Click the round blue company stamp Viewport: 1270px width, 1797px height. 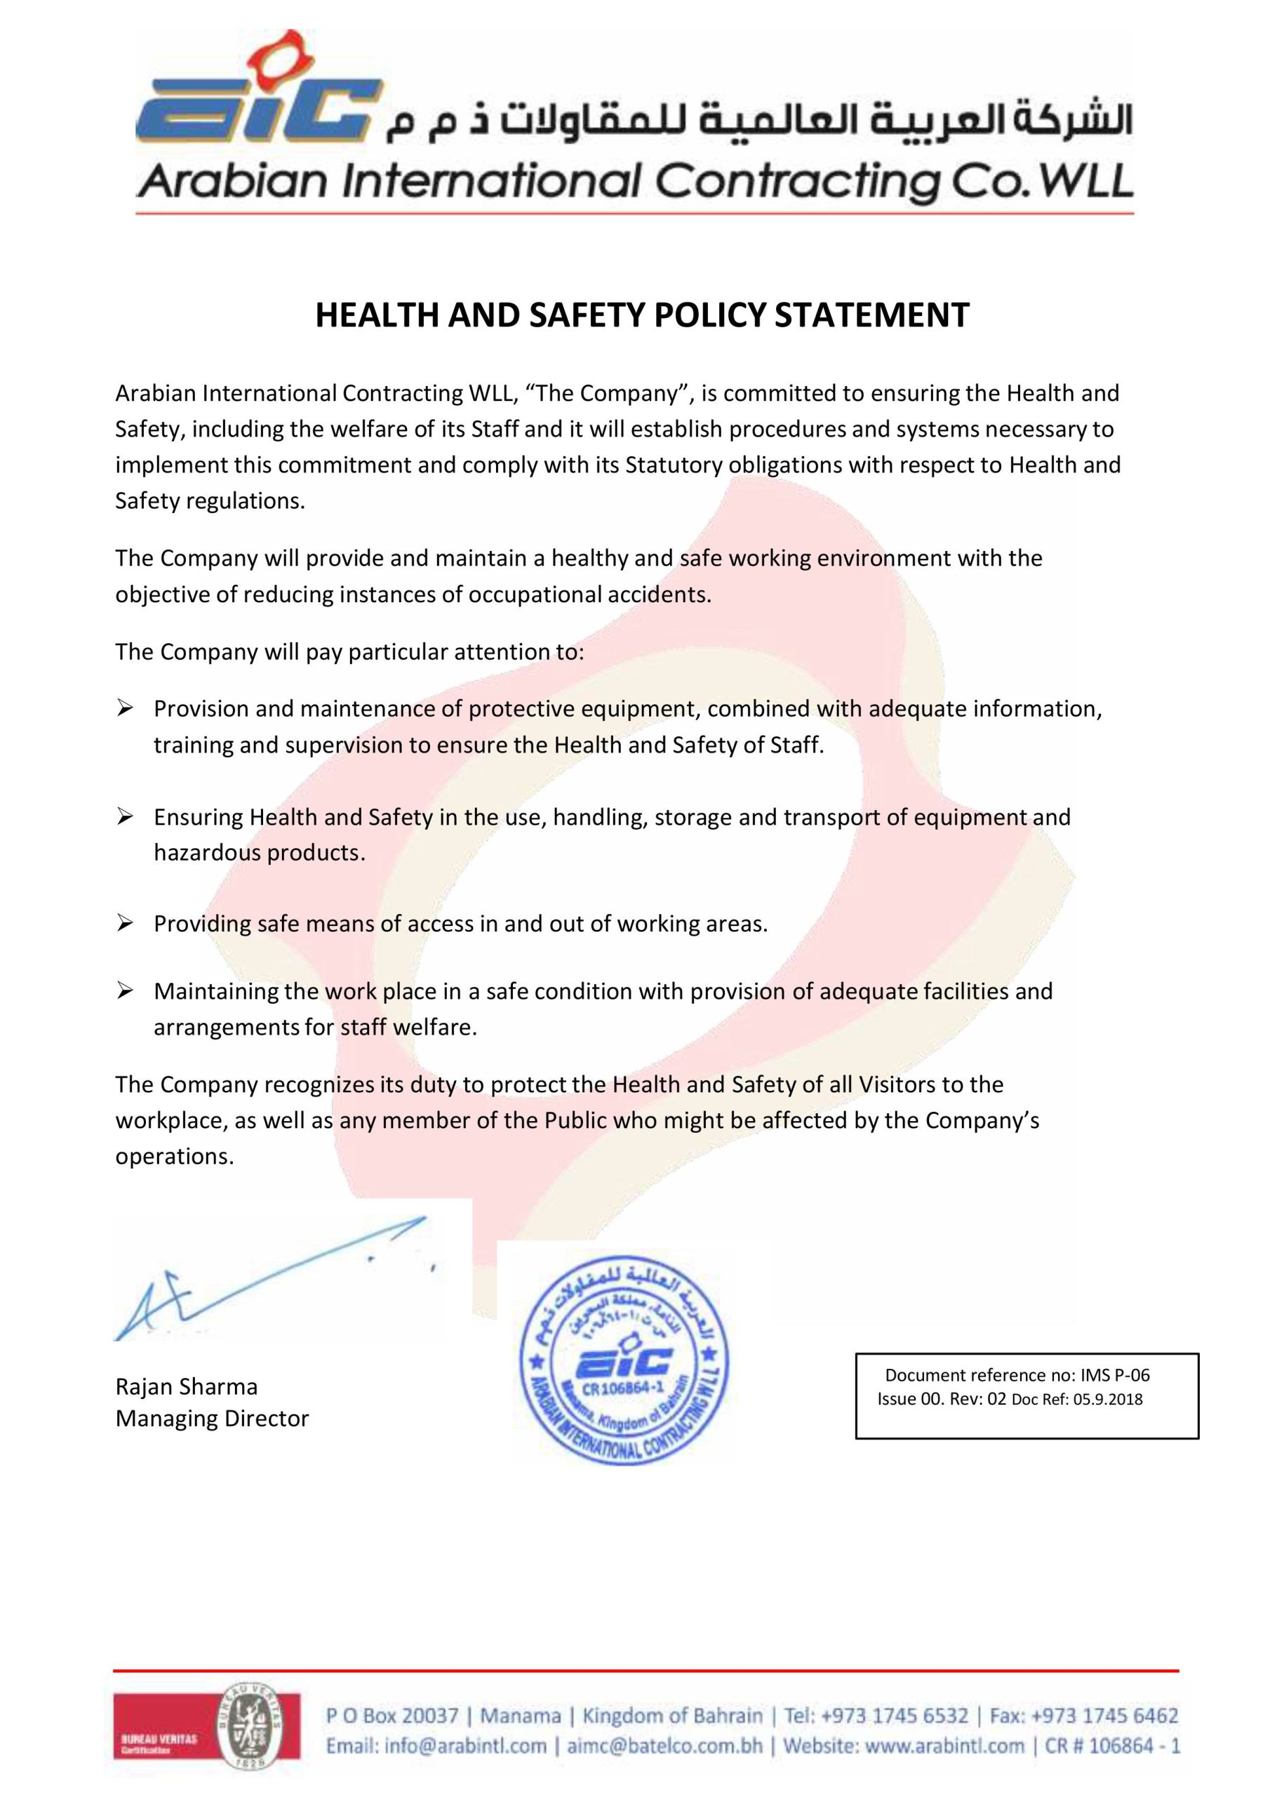[x=624, y=1362]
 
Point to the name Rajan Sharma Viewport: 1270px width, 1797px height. [x=186, y=1387]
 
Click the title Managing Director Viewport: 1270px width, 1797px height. [x=212, y=1418]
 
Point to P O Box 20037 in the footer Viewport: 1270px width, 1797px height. [x=392, y=1716]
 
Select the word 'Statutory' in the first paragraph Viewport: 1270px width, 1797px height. [x=674, y=465]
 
